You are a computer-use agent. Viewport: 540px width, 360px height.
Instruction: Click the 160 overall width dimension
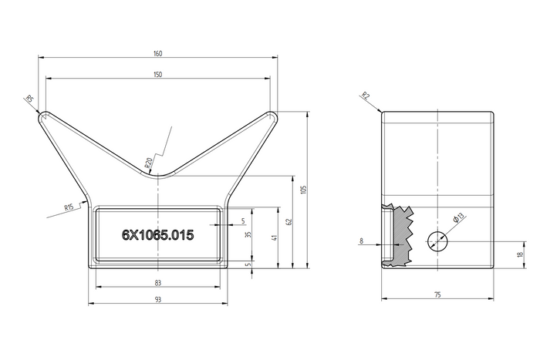(x=157, y=53)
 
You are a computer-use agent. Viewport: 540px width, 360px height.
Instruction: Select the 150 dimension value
(x=157, y=74)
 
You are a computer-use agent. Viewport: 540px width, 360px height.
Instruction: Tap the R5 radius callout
(x=30, y=99)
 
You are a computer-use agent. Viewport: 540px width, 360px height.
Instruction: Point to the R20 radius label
(x=148, y=163)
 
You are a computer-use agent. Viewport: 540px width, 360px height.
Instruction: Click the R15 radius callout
(x=69, y=207)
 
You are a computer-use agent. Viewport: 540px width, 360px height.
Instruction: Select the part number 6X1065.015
(x=157, y=235)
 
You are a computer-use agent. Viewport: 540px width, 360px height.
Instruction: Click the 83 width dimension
(x=157, y=284)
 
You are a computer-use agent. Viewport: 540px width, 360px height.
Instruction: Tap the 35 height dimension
(x=248, y=235)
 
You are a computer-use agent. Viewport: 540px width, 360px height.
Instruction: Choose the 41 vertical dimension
(x=274, y=238)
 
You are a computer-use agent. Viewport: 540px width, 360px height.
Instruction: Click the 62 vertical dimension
(x=290, y=222)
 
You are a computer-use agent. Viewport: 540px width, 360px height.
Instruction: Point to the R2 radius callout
(x=365, y=96)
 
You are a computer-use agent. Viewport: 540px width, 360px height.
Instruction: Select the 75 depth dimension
(x=437, y=294)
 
